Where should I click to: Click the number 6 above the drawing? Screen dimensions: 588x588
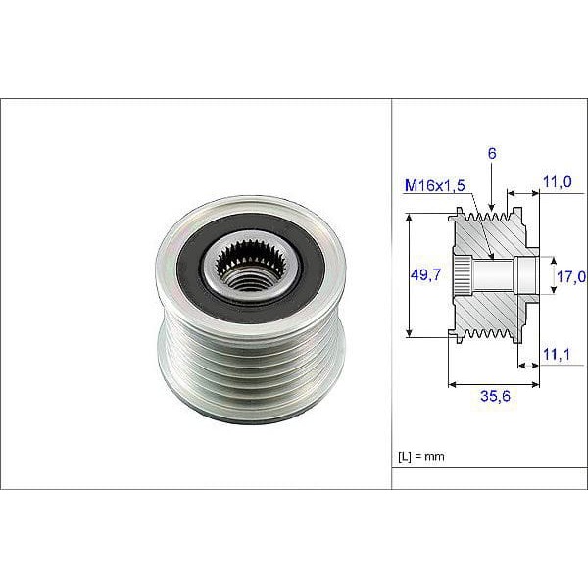pyautogui.click(x=491, y=153)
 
